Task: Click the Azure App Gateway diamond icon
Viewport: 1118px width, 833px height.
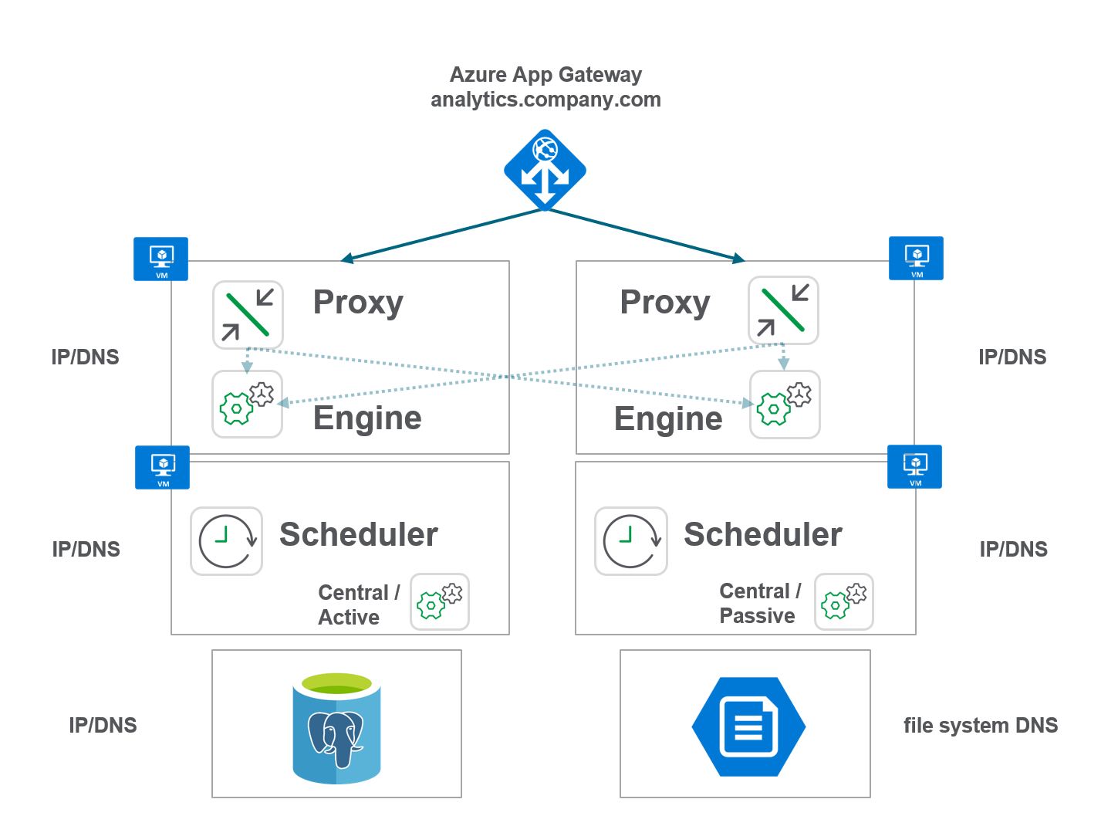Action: click(545, 170)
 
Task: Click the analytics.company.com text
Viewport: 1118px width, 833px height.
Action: click(545, 100)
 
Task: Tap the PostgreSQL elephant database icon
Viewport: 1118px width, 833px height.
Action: click(336, 728)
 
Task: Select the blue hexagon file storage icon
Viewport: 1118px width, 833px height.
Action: click(748, 726)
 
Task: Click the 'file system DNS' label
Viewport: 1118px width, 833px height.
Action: click(980, 726)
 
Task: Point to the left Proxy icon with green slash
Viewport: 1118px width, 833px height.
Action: click(248, 314)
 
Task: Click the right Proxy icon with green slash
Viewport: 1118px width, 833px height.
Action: click(783, 310)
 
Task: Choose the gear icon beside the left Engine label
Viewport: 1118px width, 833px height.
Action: click(247, 404)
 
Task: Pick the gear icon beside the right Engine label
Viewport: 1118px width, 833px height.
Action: click(785, 405)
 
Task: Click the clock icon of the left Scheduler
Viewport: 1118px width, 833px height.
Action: click(226, 540)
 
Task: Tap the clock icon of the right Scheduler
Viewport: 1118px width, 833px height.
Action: click(630, 540)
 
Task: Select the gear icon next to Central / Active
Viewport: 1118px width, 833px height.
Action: click(439, 601)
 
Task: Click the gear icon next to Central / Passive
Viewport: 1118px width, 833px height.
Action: click(843, 601)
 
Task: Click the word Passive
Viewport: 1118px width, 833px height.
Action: click(757, 616)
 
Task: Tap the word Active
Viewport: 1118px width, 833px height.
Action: click(349, 618)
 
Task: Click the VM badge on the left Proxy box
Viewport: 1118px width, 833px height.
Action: click(160, 259)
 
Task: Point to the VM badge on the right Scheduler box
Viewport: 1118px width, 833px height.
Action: click(914, 466)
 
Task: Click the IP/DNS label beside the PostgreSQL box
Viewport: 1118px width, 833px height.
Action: click(103, 726)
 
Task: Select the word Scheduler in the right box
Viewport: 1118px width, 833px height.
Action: click(762, 534)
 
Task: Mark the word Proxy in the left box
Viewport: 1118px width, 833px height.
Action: click(358, 302)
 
